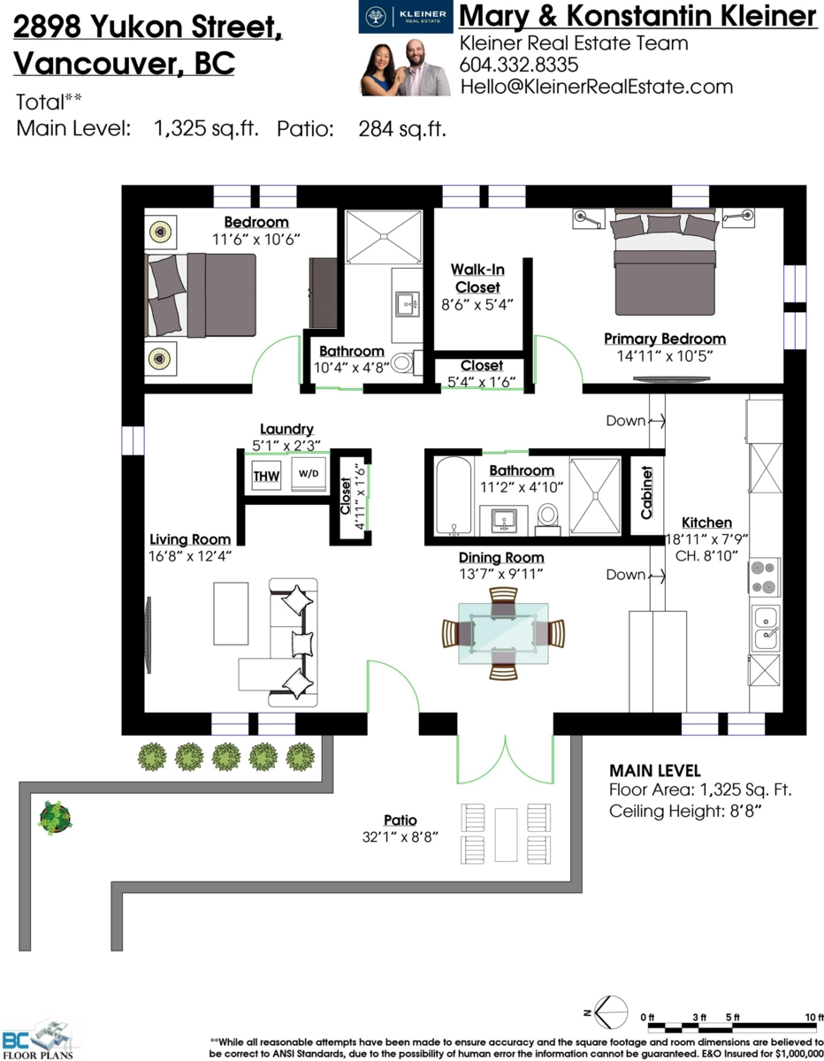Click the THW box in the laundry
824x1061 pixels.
coord(266,477)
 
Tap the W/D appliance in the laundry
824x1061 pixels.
coord(307,474)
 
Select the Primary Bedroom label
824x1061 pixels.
coord(664,339)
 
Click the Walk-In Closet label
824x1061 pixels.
coord(477,278)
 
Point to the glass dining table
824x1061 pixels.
coord(502,633)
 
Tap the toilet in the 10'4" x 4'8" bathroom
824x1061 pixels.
coord(402,363)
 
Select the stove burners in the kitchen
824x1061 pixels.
coord(764,576)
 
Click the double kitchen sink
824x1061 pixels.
coord(764,628)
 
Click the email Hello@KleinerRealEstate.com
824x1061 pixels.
coord(596,86)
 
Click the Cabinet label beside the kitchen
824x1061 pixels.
coord(646,492)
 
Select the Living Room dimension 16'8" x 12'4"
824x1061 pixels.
coord(190,556)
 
